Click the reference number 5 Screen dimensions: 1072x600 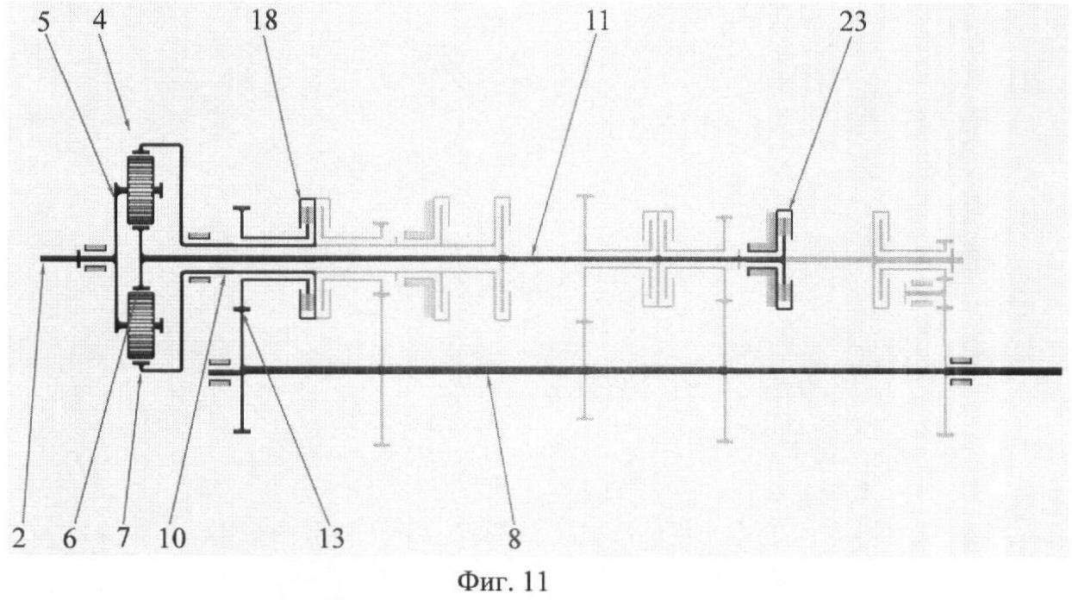43,22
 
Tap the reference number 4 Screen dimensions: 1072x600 100,22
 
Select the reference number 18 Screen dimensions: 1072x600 264,22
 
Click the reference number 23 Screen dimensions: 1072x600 853,22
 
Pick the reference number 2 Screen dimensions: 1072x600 19,538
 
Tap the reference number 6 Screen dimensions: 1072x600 70,539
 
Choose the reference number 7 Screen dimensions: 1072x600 123,538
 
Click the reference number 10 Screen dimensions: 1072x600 172,538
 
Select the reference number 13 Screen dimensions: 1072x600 331,538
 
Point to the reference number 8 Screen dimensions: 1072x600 514,539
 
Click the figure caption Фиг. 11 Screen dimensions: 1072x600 503,582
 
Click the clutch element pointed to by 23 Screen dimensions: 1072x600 783,259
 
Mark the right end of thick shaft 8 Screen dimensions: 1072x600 1061,371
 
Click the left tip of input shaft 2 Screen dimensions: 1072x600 42,259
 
